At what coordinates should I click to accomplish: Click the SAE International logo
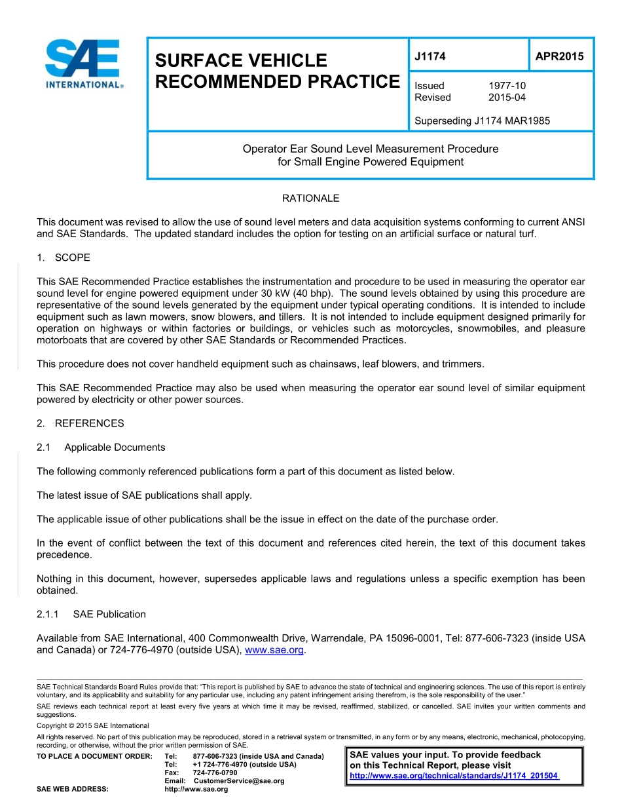click(x=83, y=63)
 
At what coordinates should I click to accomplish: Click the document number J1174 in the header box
click(x=430, y=56)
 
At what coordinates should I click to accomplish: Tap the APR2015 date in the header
click(x=559, y=56)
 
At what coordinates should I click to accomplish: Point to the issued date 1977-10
click(x=507, y=86)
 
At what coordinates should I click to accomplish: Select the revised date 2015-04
click(x=507, y=98)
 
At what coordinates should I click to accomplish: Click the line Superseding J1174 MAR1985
click(x=482, y=121)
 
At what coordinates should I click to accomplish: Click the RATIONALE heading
click(x=310, y=198)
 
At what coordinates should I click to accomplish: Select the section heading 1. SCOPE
click(x=64, y=258)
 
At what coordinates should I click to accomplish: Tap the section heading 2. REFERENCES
click(x=80, y=423)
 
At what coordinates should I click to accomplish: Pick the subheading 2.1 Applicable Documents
click(x=101, y=448)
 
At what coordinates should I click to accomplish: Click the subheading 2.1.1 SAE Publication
click(x=91, y=614)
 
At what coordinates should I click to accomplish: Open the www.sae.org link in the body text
click(x=274, y=650)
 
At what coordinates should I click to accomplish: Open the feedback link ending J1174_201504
click(x=454, y=776)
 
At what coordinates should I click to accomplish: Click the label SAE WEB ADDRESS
click(x=73, y=789)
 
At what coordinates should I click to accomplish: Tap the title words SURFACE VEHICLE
click(x=240, y=60)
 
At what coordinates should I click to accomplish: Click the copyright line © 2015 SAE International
click(x=93, y=725)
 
